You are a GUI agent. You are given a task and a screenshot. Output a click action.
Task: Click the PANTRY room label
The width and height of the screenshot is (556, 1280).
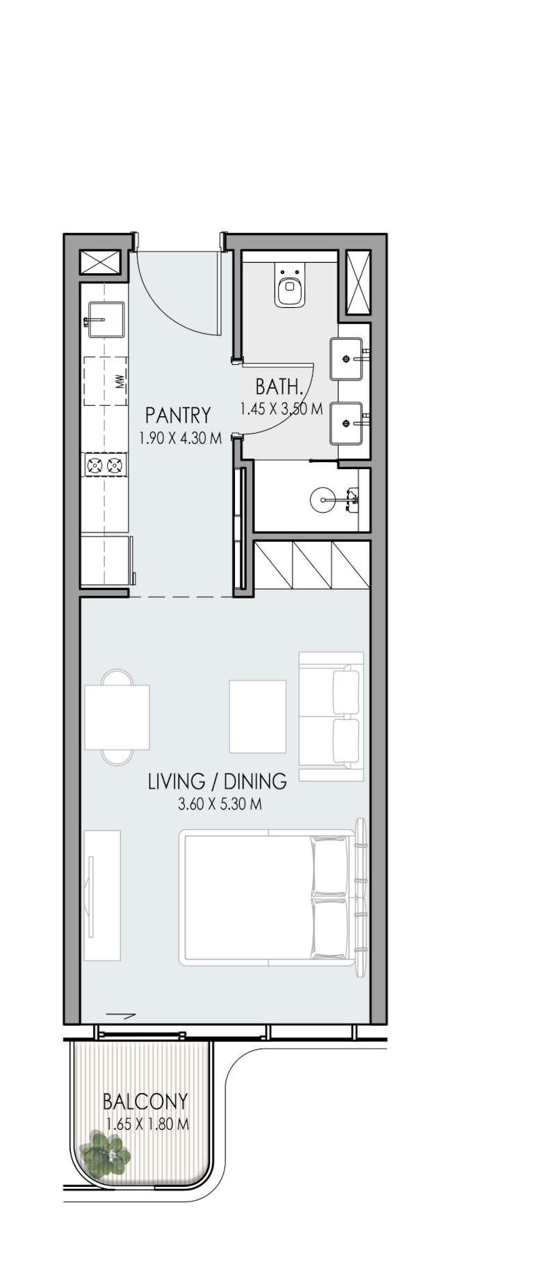click(x=178, y=416)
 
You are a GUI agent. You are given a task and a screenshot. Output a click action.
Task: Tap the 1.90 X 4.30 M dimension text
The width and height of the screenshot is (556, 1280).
click(x=180, y=438)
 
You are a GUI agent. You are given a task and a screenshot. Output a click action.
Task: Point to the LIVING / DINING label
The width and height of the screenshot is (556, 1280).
click(x=217, y=781)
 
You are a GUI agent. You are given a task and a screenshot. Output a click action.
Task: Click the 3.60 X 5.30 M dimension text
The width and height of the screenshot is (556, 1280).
click(x=220, y=805)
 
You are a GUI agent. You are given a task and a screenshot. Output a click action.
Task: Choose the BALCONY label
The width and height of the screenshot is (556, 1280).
click(x=145, y=1101)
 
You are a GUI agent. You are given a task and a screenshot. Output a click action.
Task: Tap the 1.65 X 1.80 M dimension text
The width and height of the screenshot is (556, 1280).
click(x=147, y=1124)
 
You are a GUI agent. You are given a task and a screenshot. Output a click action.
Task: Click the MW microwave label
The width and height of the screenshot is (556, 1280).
click(x=120, y=381)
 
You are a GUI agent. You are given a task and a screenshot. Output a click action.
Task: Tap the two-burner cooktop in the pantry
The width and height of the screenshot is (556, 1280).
click(x=106, y=465)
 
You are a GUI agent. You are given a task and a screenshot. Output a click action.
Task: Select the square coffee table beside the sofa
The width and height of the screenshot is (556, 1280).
click(x=258, y=716)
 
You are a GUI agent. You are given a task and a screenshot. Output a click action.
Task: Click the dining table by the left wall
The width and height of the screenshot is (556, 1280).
click(x=117, y=717)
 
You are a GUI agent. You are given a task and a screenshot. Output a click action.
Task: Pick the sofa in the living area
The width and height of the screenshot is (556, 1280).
click(x=332, y=716)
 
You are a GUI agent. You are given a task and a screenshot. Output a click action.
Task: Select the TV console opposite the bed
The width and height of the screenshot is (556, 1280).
click(x=102, y=896)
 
